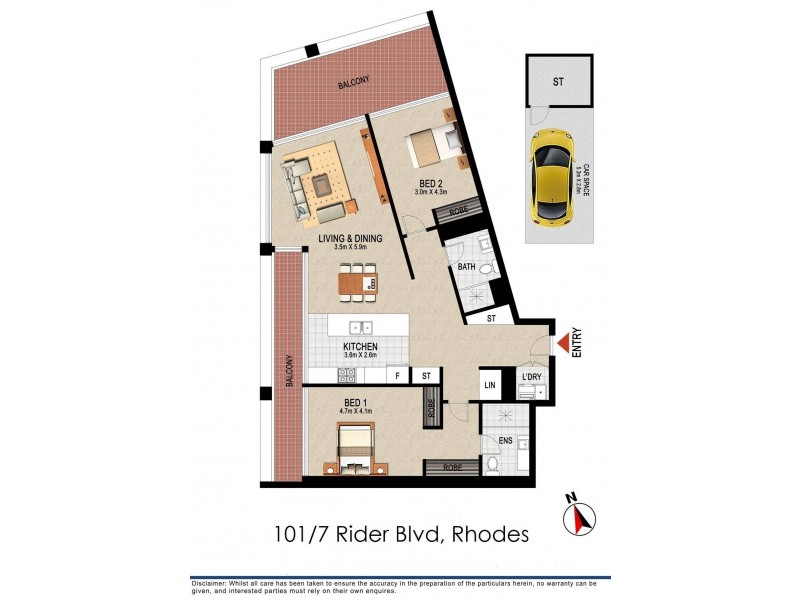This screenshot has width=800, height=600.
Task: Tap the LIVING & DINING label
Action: pyautogui.click(x=350, y=239)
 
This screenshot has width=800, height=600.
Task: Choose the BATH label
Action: pyautogui.click(x=467, y=267)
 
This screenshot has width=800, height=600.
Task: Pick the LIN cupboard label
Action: pyautogui.click(x=491, y=384)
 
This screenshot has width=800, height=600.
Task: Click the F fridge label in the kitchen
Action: pyautogui.click(x=397, y=376)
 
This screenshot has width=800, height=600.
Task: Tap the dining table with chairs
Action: pyautogui.click(x=357, y=281)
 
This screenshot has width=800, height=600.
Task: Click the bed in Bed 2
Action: pyautogui.click(x=433, y=148)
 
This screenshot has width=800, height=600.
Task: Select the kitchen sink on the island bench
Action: pyautogui.click(x=360, y=327)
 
